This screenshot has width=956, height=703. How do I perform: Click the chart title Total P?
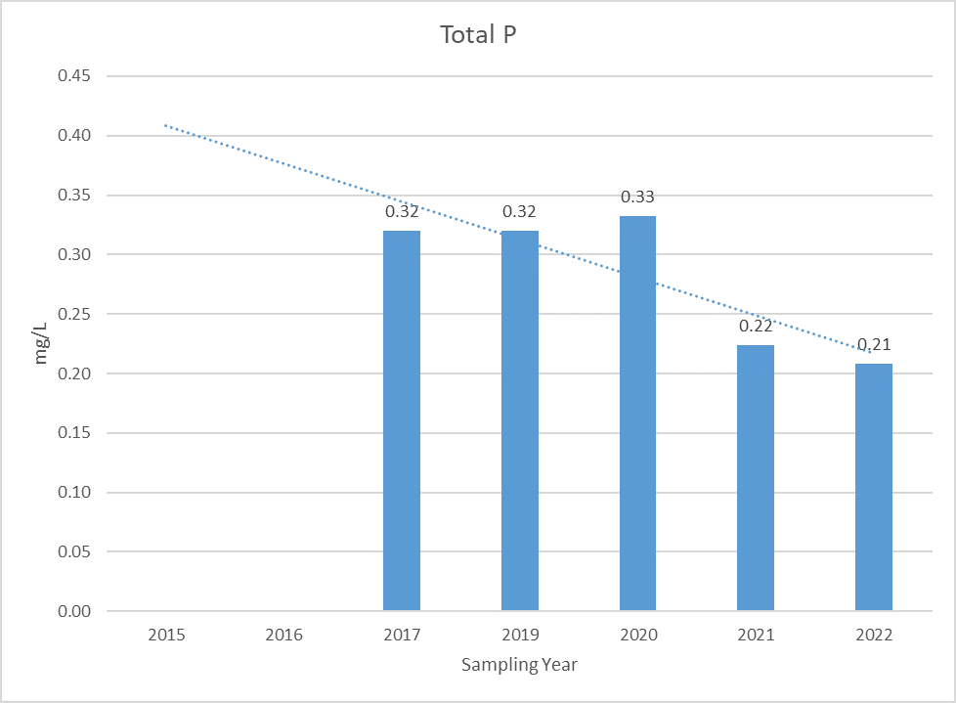478,35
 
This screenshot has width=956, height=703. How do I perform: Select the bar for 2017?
402,420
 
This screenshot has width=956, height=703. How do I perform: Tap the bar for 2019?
520,420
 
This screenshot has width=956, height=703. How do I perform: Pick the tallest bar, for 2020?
637,414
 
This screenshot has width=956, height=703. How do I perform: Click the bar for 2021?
756,478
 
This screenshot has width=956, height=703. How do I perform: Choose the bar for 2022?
874,487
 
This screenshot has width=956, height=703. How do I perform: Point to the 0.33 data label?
637,197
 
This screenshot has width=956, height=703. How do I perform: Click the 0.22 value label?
756,327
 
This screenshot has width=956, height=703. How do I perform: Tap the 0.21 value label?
874,344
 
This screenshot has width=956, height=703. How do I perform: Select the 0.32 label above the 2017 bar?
402,211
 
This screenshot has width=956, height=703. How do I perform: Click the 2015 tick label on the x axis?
166,635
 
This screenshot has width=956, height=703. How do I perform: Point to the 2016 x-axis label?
284,635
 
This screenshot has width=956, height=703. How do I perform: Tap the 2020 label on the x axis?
638,635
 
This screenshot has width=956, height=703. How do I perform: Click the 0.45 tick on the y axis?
73,75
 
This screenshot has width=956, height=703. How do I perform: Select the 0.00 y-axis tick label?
73,611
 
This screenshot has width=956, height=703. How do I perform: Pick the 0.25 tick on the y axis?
73,314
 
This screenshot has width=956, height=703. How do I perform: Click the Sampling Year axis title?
519,665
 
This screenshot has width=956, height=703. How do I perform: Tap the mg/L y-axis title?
40,343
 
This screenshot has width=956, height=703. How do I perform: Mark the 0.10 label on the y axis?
73,492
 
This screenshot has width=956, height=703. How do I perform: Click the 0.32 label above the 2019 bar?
519,211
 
